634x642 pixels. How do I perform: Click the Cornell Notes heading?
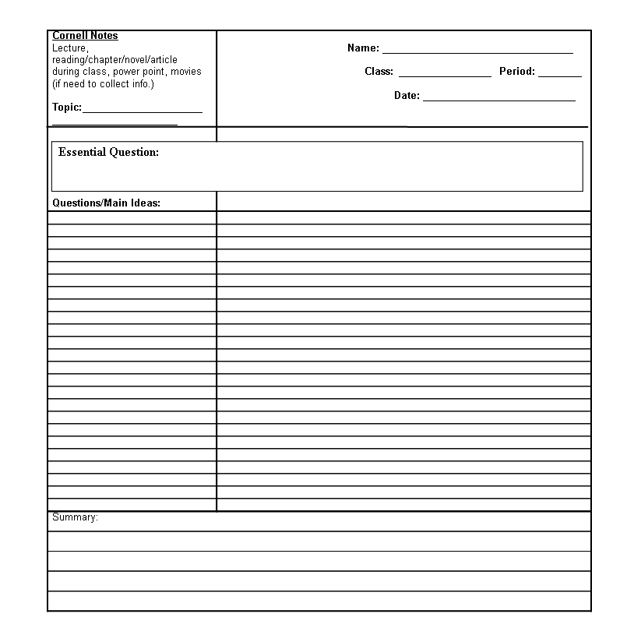point(85,36)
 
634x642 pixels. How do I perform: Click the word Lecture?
point(69,48)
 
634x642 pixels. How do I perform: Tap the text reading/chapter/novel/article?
point(114,60)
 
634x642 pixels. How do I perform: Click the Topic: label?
point(67,108)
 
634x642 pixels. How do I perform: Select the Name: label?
point(363,48)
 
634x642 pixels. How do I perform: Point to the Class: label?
point(379,72)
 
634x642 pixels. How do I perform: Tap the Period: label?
point(517,72)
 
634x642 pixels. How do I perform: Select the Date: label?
point(407,96)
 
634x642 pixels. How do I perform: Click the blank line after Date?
point(498,100)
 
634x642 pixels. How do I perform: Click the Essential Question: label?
point(108,153)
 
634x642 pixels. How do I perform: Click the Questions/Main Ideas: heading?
point(106,203)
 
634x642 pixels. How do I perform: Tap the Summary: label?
point(75,517)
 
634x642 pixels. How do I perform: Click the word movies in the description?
point(186,72)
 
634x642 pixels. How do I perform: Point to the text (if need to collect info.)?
point(103,84)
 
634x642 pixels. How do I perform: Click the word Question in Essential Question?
point(133,153)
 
